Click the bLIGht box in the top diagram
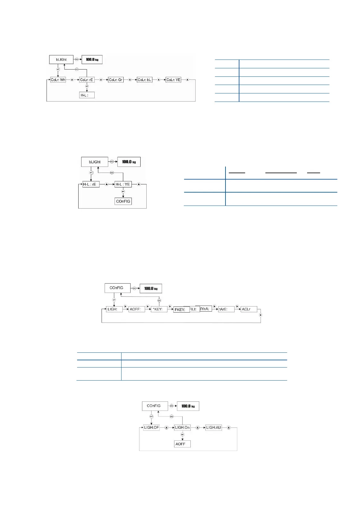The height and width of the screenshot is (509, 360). tap(61, 60)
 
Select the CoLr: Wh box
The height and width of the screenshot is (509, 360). tap(58, 80)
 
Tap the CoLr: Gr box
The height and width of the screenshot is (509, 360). tap(116, 80)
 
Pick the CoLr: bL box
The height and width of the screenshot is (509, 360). tap(144, 80)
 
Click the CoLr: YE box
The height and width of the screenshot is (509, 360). tap(174, 80)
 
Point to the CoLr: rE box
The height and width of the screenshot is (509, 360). tap(87, 80)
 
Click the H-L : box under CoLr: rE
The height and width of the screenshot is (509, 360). tap(87, 95)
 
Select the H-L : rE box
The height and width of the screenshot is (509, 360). tap(91, 184)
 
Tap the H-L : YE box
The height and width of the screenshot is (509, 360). tap(123, 184)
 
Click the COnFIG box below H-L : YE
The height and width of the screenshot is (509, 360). tap(123, 201)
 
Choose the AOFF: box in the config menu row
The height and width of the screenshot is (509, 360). tap(137, 309)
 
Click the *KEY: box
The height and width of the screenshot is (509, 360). tap(159, 309)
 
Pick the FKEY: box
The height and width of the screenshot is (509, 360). tap(181, 310)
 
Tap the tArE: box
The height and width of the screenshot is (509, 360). tap(226, 309)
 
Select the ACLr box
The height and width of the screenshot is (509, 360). tap(249, 309)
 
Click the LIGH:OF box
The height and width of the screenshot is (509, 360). tap(151, 428)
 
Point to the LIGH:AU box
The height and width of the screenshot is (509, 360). tap(213, 428)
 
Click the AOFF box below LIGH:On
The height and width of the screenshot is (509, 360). tap(182, 444)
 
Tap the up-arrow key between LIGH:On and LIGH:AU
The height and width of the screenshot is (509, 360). tap(198, 428)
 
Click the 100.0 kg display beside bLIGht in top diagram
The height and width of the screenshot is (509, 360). tap(92, 60)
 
